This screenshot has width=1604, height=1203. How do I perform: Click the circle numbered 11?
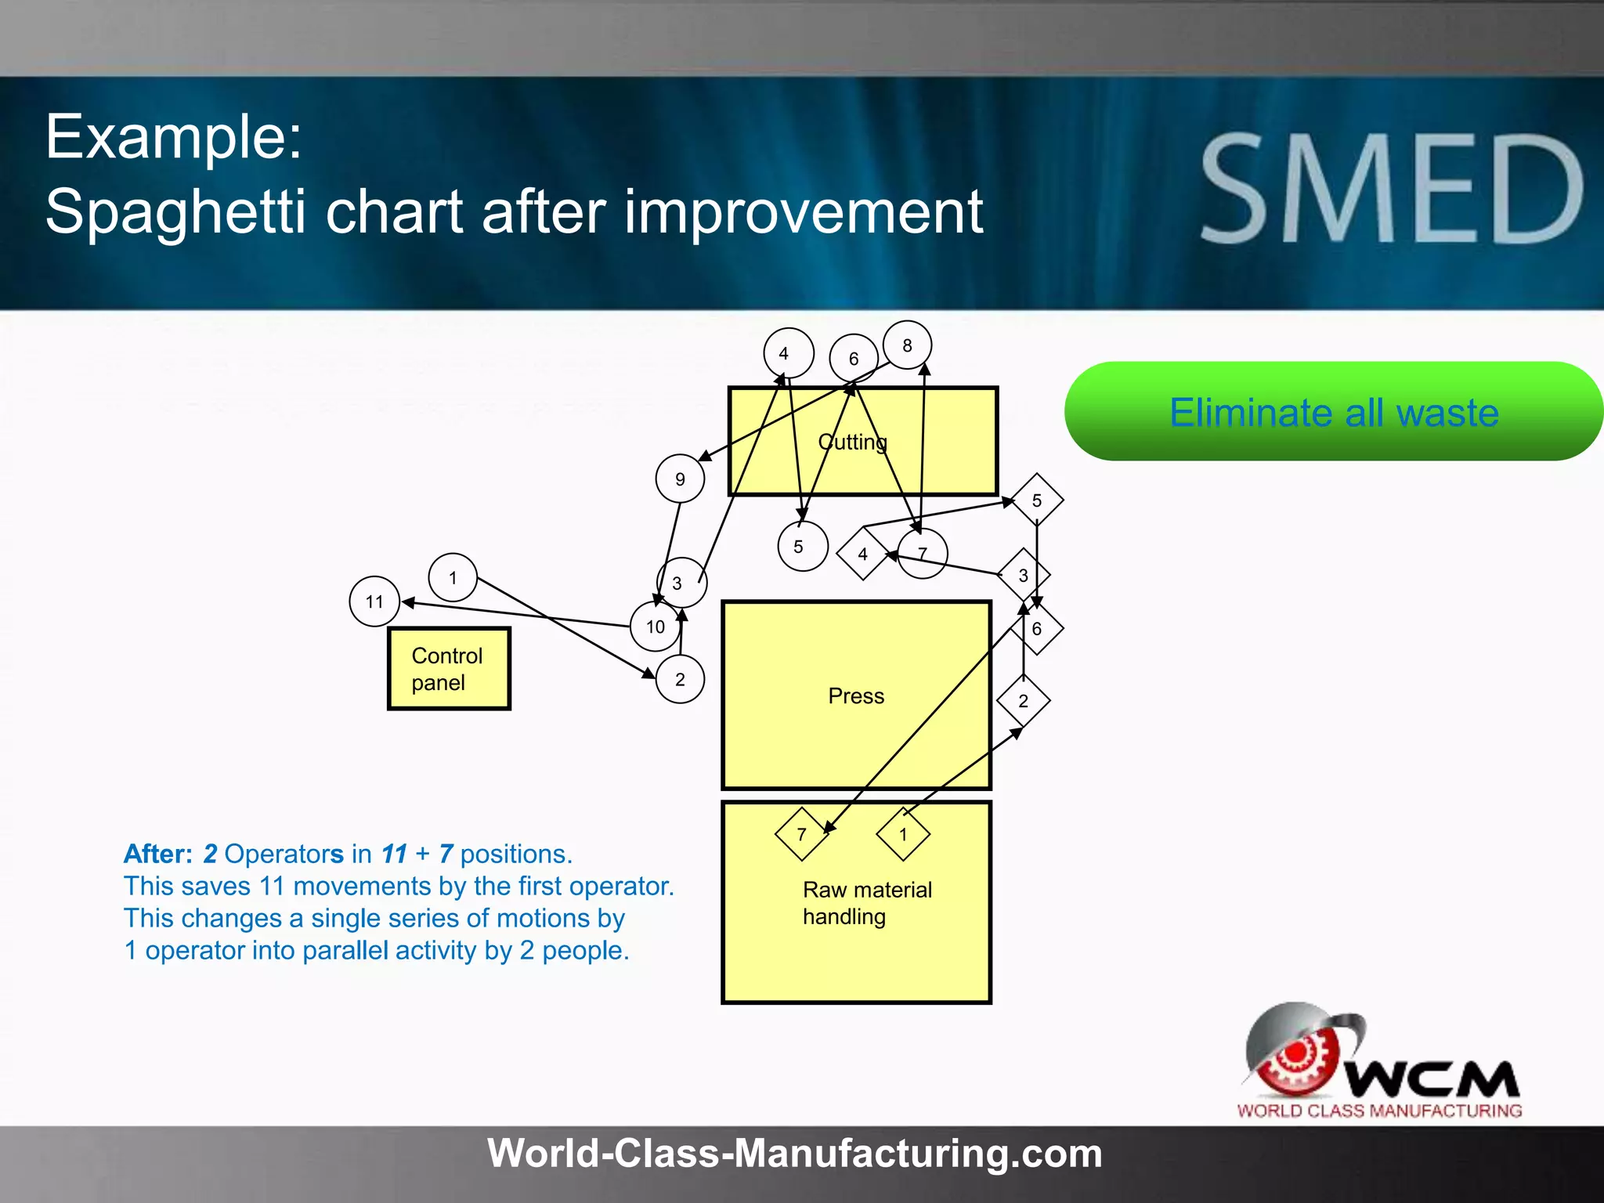pyautogui.click(x=374, y=601)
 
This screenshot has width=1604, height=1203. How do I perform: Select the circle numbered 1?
pyautogui.click(x=453, y=578)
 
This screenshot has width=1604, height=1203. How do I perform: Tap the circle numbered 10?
pyautogui.click(x=655, y=627)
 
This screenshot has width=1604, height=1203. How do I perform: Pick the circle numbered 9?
pyautogui.click(x=680, y=479)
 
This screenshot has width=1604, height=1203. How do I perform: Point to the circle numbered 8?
pyautogui.click(x=907, y=345)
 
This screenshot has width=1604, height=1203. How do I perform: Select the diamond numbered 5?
pyautogui.click(x=1037, y=500)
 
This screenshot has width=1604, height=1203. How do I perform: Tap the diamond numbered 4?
pyautogui.click(x=862, y=554)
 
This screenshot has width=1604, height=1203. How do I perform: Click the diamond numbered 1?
pyautogui.click(x=903, y=834)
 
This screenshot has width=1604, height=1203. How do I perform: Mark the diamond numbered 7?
pyautogui.click(x=801, y=834)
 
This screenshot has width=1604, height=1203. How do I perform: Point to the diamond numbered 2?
pyautogui.click(x=1023, y=701)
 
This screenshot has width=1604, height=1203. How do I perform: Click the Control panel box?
pyautogui.click(x=449, y=669)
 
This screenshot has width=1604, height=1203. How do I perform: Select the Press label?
pyautogui.click(x=856, y=696)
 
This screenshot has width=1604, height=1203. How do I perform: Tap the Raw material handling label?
pyautogui.click(x=867, y=903)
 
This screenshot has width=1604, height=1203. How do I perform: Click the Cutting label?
pyautogui.click(x=852, y=443)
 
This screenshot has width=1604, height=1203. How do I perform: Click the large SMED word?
pyautogui.click(x=1393, y=189)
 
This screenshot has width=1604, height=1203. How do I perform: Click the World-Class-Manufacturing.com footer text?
pyautogui.click(x=794, y=1154)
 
